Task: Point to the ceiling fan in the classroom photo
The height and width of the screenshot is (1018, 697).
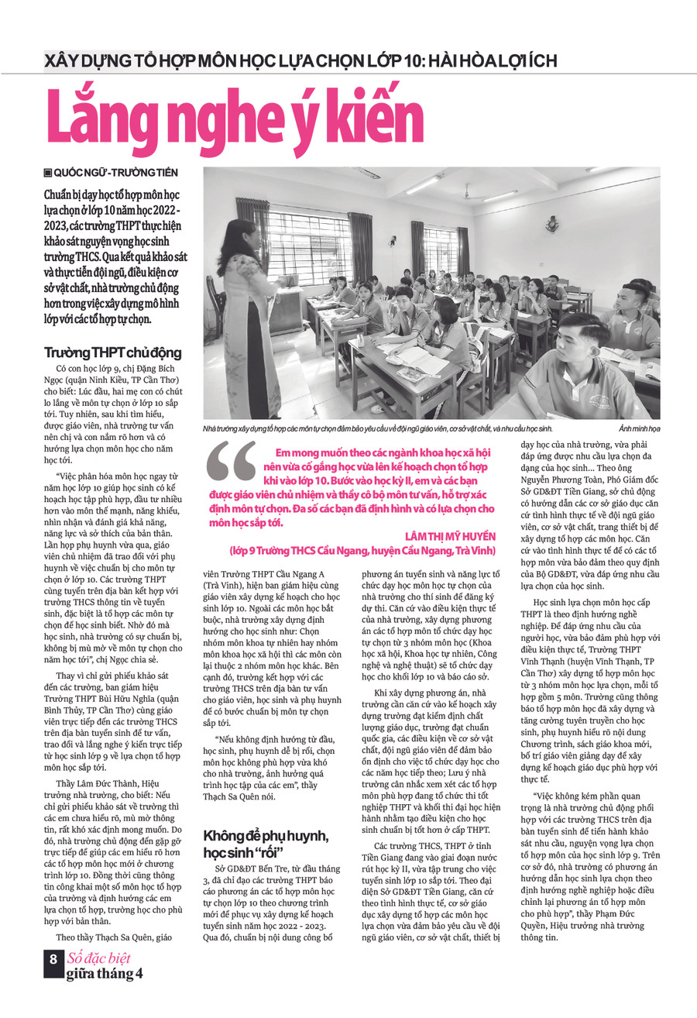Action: pyautogui.click(x=467, y=191)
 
